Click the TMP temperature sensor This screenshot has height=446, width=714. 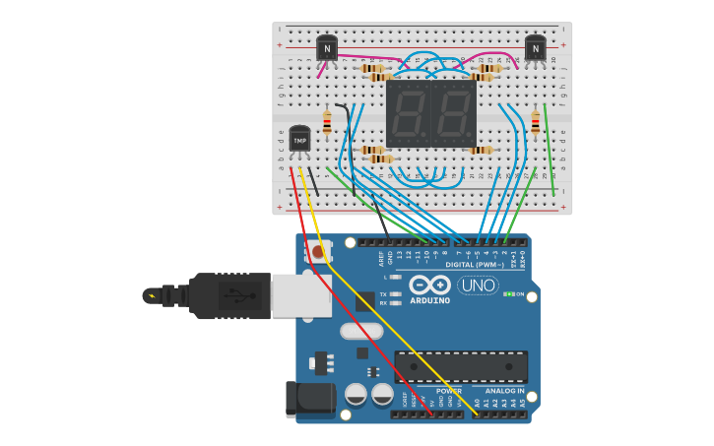(x=299, y=141)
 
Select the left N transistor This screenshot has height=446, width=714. (x=327, y=46)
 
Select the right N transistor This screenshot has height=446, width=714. (x=535, y=46)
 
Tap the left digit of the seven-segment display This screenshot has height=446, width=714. (x=409, y=113)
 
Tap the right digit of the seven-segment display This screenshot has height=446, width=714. (x=454, y=113)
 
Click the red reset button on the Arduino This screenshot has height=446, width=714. (x=317, y=253)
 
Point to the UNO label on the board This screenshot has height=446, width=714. (x=478, y=286)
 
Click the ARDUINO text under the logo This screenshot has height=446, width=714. (x=429, y=300)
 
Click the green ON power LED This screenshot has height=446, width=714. (x=508, y=293)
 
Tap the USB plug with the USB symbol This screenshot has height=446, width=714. (x=230, y=295)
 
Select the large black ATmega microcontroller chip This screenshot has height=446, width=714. (x=460, y=366)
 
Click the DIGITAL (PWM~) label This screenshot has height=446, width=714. (x=474, y=264)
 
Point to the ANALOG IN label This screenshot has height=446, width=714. (x=506, y=391)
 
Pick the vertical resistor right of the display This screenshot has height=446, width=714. (x=535, y=122)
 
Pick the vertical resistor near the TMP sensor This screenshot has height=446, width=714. (x=327, y=123)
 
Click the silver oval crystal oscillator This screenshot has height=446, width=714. (x=361, y=331)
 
